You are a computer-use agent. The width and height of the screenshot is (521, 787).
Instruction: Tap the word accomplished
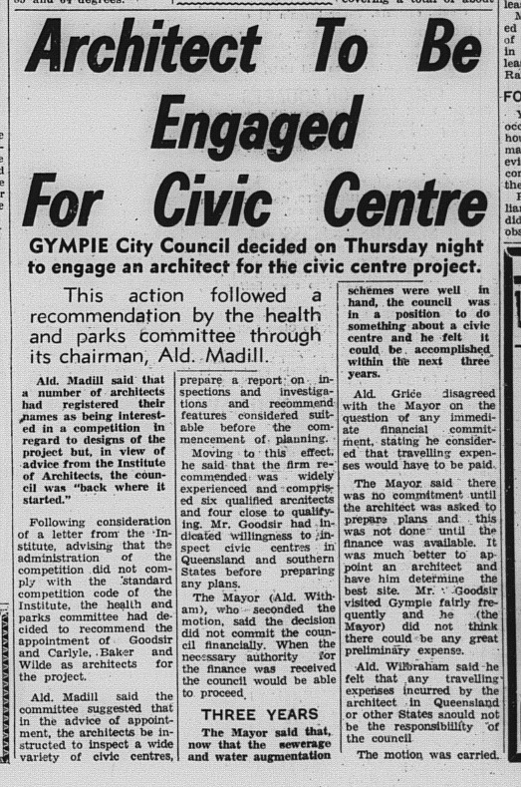pyautogui.click(x=438, y=381)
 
